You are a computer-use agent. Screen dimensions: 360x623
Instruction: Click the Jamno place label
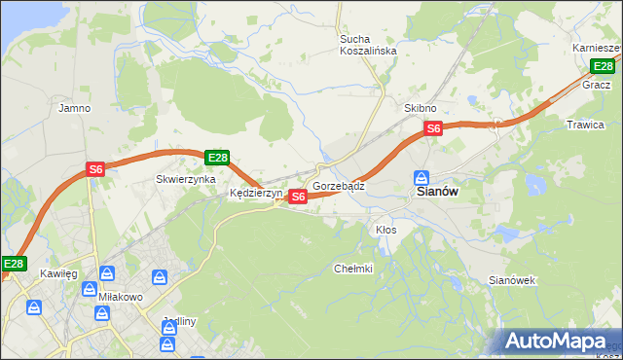75,108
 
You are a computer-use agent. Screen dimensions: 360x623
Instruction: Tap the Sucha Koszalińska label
368,45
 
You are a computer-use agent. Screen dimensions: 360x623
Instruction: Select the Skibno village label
421,108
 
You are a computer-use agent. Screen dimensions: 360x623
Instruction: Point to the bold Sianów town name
437,193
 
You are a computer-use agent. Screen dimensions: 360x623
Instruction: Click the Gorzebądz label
339,185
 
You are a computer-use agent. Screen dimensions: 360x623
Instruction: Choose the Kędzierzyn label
255,193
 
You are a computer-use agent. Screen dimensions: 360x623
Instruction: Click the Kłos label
385,230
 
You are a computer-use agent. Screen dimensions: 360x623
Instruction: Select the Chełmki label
353,269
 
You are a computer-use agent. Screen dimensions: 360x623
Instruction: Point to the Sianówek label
512,280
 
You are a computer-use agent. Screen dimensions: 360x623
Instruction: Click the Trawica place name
585,125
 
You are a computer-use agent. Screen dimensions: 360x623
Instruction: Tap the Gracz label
596,85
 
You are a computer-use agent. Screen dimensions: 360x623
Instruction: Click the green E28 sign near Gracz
604,66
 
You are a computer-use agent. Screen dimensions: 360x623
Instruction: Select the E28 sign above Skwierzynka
217,158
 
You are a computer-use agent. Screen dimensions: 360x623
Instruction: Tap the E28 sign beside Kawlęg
14,264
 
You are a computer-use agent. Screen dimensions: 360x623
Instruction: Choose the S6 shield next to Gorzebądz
299,197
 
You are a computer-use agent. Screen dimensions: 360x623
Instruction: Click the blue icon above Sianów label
421,178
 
